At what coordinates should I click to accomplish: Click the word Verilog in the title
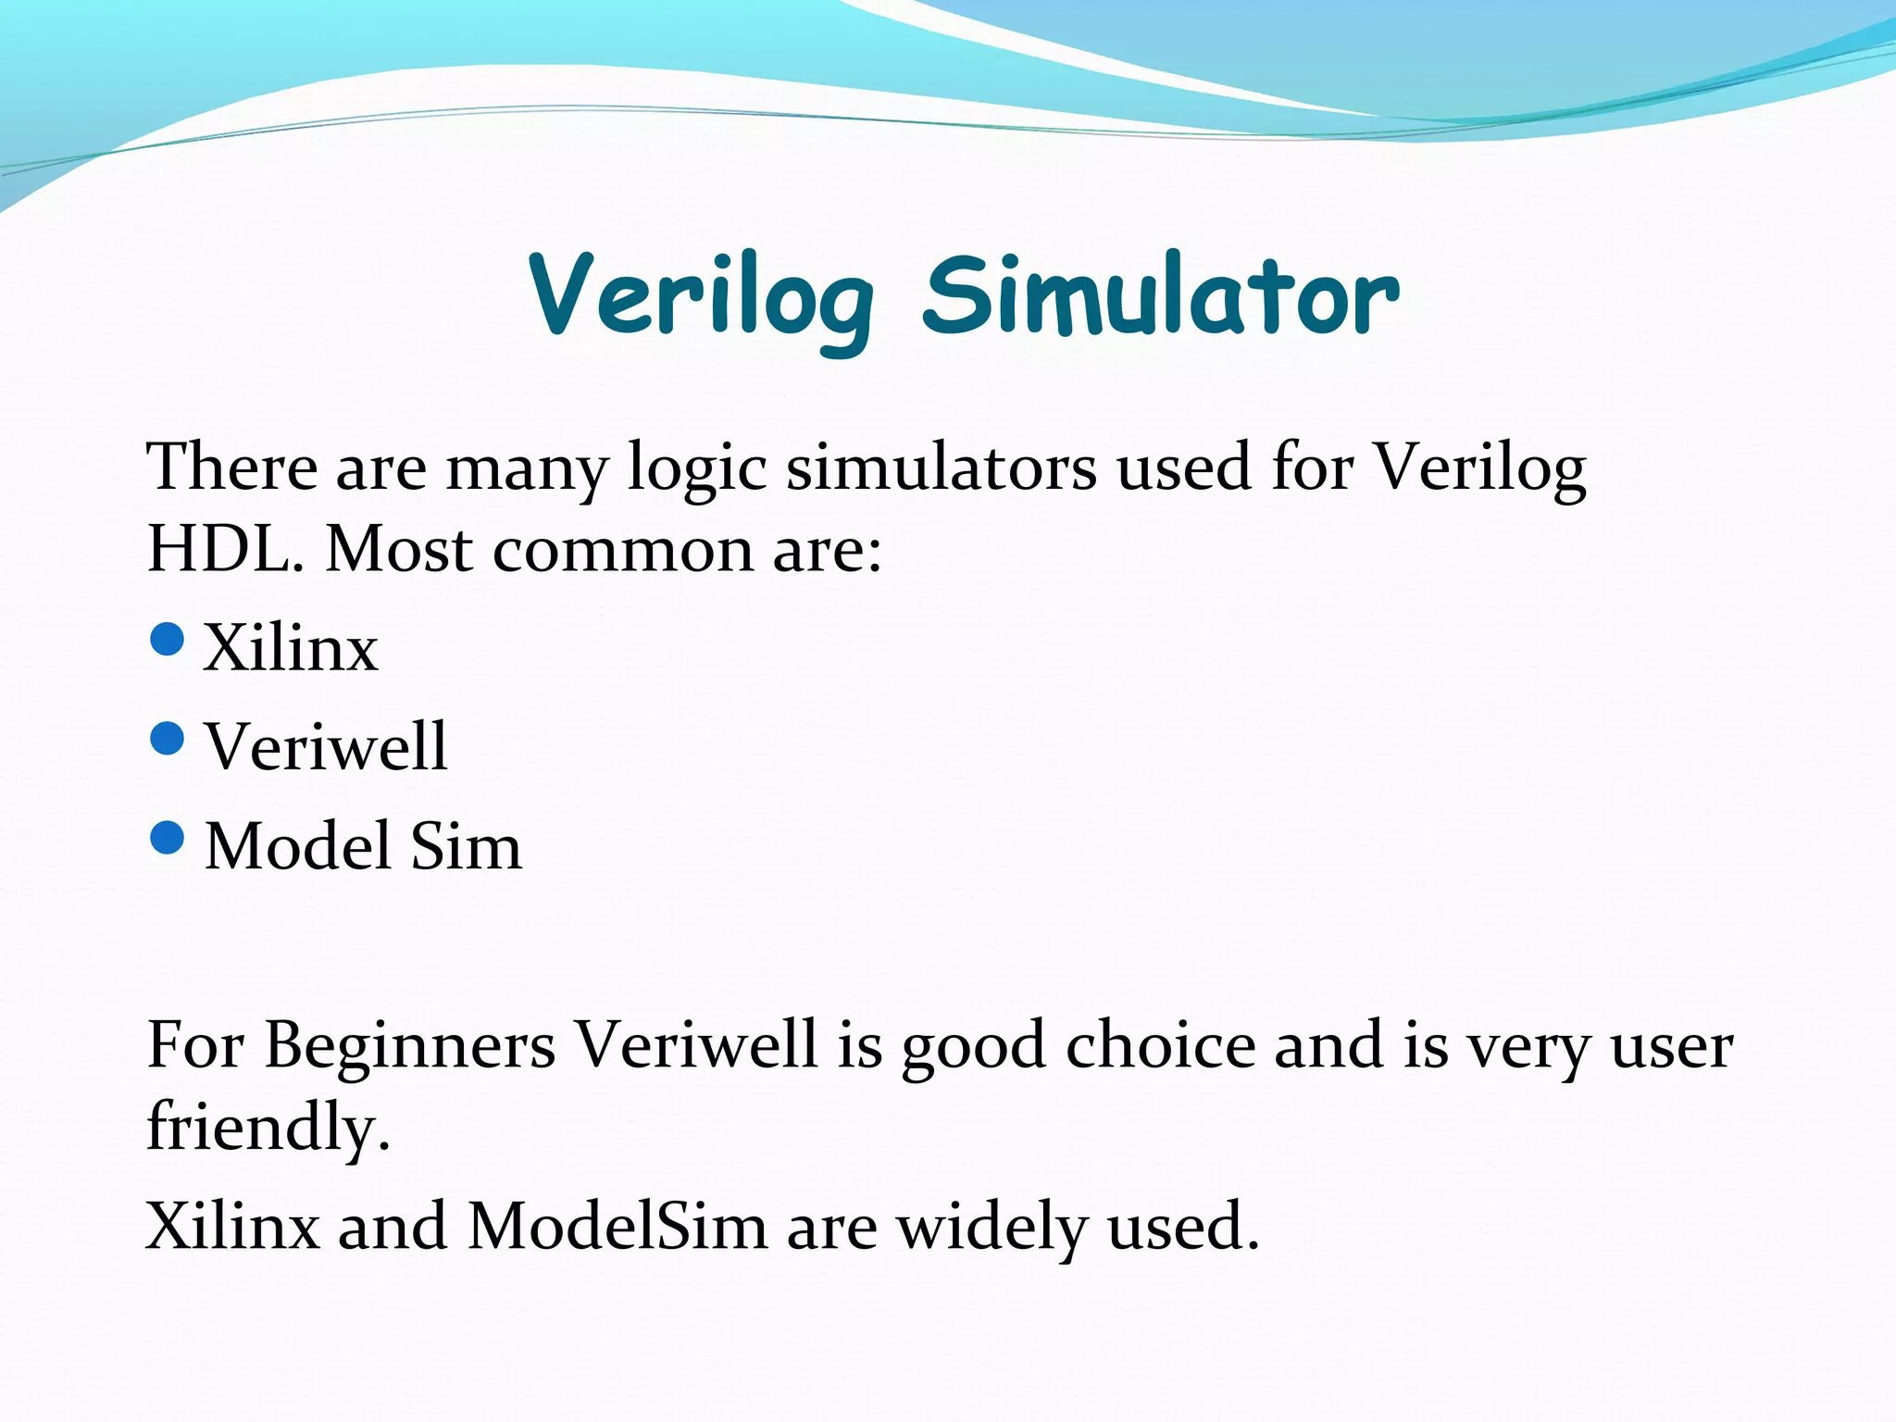tap(701, 296)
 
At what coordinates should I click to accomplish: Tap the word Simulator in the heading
tap(1161, 296)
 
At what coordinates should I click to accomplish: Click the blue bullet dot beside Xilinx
tap(167, 639)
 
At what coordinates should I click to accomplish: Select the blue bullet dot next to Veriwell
tap(167, 738)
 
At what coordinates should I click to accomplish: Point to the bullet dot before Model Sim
tap(167, 838)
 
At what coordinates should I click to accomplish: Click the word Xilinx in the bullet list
tap(291, 647)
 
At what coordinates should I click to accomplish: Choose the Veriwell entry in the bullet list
tap(326, 746)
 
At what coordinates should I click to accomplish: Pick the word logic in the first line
tap(697, 468)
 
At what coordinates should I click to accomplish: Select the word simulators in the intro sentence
tap(942, 467)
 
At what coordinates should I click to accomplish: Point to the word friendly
tap(268, 1128)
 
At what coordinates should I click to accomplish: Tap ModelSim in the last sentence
tap(617, 1227)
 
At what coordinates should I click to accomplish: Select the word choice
tap(1160, 1045)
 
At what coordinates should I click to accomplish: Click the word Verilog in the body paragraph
tap(1478, 468)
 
